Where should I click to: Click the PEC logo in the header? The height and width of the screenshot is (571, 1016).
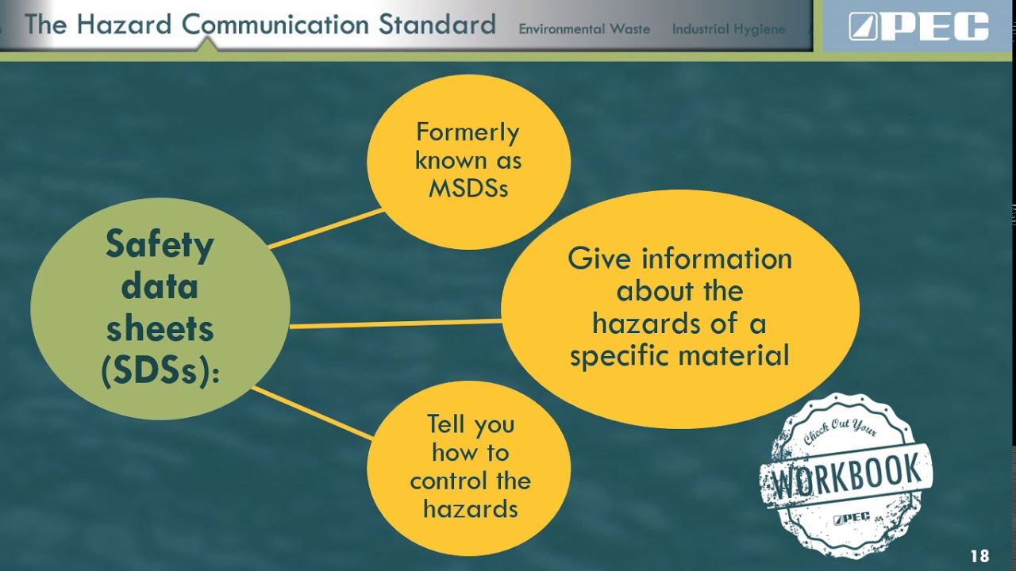(x=918, y=26)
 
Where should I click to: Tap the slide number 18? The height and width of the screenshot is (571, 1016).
(x=979, y=556)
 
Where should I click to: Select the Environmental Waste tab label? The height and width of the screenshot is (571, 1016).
(x=584, y=29)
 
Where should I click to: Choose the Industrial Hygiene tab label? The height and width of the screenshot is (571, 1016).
(x=729, y=29)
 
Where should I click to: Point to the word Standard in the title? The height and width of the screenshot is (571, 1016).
(x=437, y=25)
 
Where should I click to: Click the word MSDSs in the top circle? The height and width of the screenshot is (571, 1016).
(x=468, y=189)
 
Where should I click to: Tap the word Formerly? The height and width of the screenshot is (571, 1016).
(x=468, y=132)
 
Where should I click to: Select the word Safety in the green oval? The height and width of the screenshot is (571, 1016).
(x=160, y=244)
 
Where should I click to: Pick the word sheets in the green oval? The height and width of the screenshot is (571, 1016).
(x=160, y=328)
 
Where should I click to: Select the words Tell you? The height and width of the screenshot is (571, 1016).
(x=471, y=424)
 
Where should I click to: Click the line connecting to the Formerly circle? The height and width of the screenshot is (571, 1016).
(x=325, y=229)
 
